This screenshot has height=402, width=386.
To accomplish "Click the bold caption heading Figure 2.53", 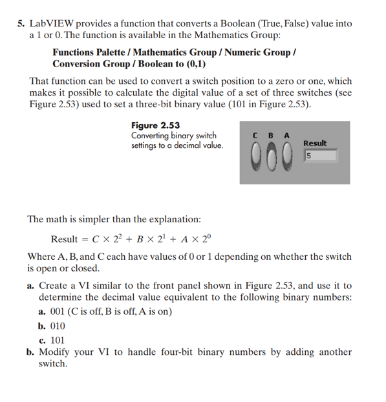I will [155, 125].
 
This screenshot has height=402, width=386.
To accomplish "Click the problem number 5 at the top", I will [21, 23].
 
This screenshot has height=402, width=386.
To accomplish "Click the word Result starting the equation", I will [64, 239].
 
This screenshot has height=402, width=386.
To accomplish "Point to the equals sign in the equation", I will [85, 239].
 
